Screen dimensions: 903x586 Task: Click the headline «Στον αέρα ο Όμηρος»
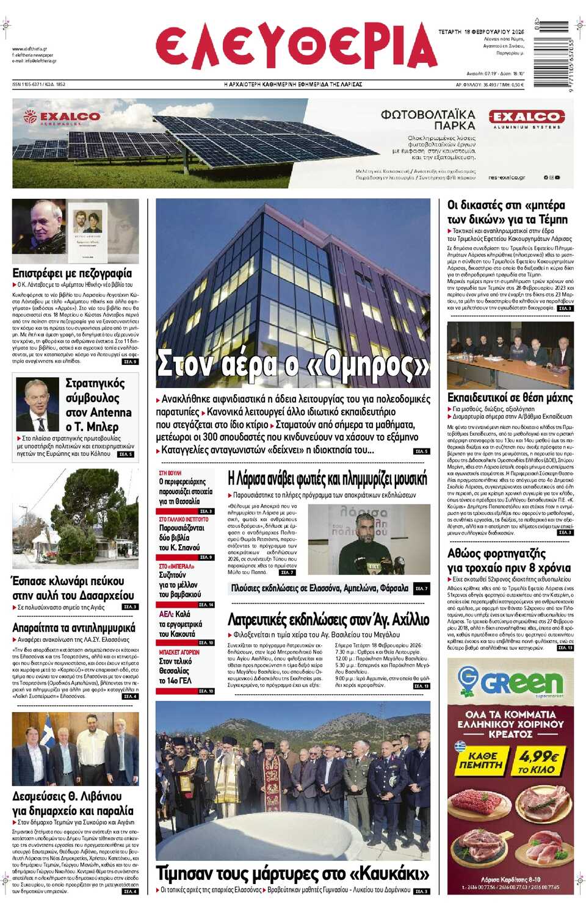(293, 364)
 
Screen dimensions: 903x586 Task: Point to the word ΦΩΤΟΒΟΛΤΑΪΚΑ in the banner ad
(428, 115)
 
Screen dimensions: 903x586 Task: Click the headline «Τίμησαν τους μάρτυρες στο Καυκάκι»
(292, 873)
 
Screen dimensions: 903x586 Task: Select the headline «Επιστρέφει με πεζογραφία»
(72, 273)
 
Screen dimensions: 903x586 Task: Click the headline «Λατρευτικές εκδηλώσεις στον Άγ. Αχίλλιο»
(328, 620)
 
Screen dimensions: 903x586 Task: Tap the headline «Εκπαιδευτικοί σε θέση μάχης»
(510, 398)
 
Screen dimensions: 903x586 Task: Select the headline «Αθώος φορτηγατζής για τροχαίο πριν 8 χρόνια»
(509, 560)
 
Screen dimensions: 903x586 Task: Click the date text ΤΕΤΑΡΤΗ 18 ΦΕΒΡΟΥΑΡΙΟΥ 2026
(481, 32)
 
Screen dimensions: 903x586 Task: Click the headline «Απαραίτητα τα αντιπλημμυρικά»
(74, 627)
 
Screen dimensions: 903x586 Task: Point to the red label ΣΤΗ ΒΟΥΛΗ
(170, 473)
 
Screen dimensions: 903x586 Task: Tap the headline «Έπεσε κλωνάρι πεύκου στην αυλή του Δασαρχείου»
(73, 588)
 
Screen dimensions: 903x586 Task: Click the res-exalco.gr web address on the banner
(507, 178)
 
